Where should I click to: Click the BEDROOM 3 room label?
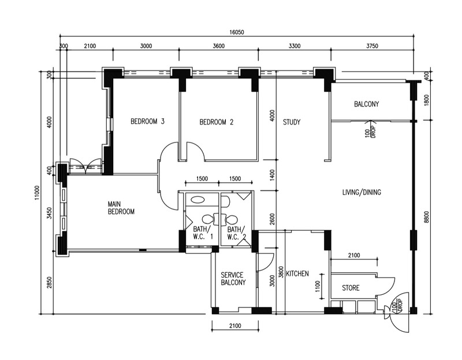click(147, 121)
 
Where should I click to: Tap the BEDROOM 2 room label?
click(216, 122)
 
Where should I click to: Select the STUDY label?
click(292, 122)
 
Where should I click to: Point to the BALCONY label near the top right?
click(367, 104)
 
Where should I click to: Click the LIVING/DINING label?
click(362, 192)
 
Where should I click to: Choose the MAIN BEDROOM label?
click(121, 208)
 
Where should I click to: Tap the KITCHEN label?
click(297, 273)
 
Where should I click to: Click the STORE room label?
click(351, 287)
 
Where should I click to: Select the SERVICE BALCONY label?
click(233, 279)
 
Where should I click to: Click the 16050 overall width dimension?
click(237, 32)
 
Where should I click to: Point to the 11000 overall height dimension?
click(36, 193)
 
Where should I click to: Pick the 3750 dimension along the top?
click(372, 46)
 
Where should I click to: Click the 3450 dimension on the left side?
click(49, 213)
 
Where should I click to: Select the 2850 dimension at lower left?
click(49, 282)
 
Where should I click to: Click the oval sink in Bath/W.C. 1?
click(198, 200)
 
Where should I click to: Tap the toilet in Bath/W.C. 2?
click(230, 219)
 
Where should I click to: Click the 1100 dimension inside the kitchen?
click(317, 286)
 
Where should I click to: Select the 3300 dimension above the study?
click(295, 46)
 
